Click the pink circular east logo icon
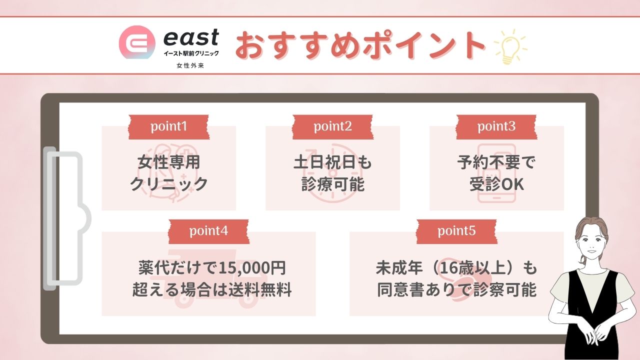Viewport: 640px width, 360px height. tap(137, 42)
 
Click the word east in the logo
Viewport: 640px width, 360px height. tap(191, 37)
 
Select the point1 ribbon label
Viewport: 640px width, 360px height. tap(169, 127)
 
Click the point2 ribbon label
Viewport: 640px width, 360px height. tap(332, 127)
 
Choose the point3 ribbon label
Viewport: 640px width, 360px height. tap(496, 127)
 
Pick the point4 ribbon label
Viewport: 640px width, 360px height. tap(208, 231)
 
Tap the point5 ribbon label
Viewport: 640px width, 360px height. tap(456, 231)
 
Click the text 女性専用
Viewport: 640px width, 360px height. tap(169, 162)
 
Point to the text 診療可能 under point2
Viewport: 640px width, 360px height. tap(333, 184)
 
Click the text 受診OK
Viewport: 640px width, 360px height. tap(496, 184)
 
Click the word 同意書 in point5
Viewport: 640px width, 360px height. tap(401, 289)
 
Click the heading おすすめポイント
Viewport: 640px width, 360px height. tap(360, 45)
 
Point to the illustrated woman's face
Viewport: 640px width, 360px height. tap(591, 245)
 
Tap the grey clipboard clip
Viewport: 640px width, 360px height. tap(65, 218)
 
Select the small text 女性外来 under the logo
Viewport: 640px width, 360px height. tap(190, 65)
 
